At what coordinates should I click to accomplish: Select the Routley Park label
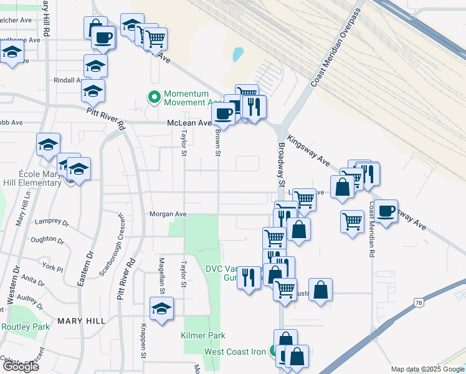(25, 327)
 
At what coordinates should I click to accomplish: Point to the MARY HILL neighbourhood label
(79, 320)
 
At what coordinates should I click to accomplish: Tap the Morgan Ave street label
(168, 214)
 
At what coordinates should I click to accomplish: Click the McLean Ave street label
(189, 123)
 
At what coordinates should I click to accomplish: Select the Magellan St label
(161, 276)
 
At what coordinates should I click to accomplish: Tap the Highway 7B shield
(419, 303)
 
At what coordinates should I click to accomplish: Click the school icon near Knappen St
(162, 309)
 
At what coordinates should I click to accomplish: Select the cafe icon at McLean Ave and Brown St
(223, 113)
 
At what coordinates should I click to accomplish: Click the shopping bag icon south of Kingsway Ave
(343, 186)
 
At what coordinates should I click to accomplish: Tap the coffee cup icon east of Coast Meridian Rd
(386, 211)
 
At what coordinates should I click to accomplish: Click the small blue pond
(238, 55)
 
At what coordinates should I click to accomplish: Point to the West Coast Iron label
(235, 352)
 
